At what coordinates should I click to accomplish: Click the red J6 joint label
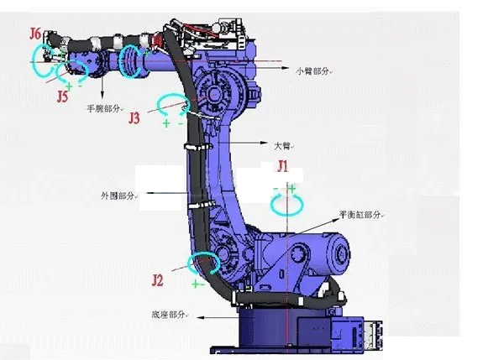click(34, 34)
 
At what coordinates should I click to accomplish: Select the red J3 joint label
click(134, 118)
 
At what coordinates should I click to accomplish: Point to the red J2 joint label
click(158, 279)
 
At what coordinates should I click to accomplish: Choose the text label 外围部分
click(118, 195)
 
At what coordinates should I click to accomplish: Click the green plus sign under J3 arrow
click(165, 124)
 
